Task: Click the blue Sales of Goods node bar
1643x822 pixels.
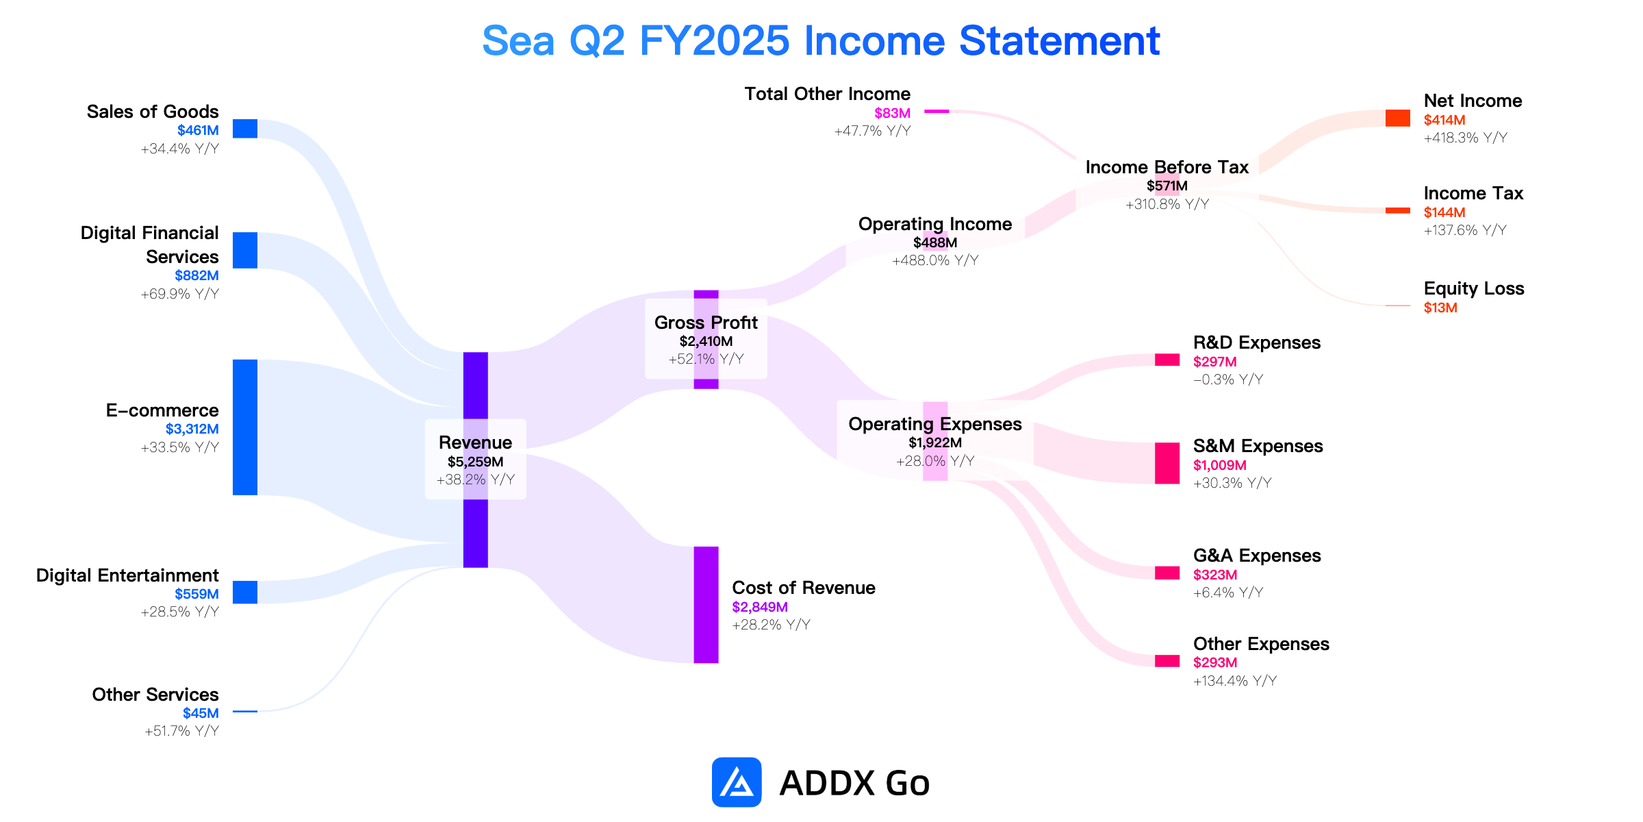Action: coord(245,129)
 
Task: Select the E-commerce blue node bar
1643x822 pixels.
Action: coord(245,427)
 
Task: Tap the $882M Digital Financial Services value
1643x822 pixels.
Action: coord(196,275)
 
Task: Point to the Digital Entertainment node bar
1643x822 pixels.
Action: coord(245,593)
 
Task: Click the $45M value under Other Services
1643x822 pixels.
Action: coord(201,713)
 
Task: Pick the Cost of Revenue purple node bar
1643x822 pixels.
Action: coord(706,605)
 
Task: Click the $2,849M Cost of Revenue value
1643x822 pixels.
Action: coord(760,607)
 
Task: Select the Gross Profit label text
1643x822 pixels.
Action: coord(706,323)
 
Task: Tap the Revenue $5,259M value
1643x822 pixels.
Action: coord(476,462)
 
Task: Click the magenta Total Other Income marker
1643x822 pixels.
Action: coord(937,111)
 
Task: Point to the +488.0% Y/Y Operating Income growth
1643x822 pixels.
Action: coord(935,260)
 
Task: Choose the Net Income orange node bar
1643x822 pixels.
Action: coord(1398,118)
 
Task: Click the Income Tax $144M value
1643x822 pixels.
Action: coord(1444,212)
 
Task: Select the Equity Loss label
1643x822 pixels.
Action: coord(1474,288)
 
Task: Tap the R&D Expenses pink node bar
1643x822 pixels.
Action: coord(1167,360)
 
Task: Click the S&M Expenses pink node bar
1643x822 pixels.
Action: coord(1167,463)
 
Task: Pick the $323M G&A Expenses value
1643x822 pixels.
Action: coord(1215,575)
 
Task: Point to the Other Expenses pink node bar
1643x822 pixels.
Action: coord(1167,661)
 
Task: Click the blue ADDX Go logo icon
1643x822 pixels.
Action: coord(737,782)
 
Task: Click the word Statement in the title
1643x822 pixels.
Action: coord(1060,41)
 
